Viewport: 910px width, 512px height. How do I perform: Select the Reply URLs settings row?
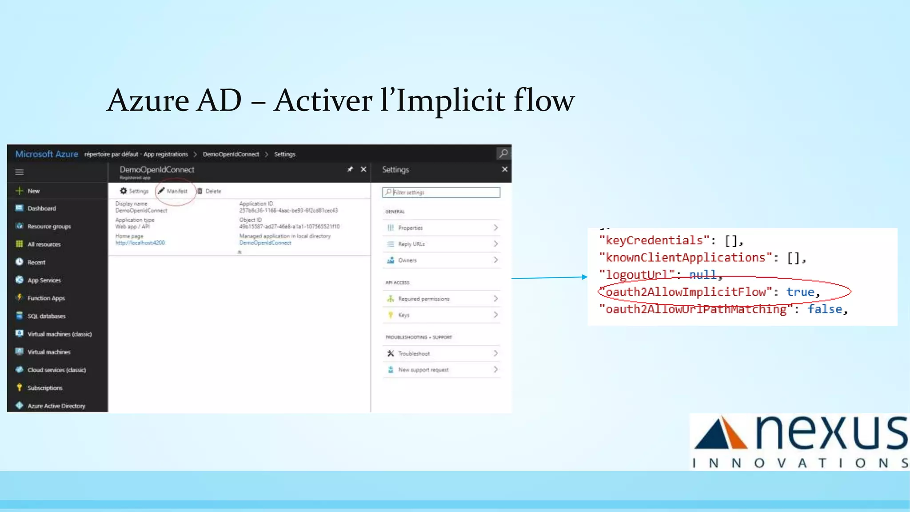pos(441,244)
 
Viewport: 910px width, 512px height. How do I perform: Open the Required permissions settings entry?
pos(441,299)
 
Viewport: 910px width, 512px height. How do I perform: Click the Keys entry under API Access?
pos(441,315)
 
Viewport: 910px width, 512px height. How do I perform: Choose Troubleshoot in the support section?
pos(441,353)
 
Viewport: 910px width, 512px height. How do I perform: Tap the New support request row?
pos(441,370)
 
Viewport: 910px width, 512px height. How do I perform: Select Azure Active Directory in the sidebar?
pos(56,406)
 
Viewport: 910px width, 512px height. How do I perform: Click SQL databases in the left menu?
pos(46,316)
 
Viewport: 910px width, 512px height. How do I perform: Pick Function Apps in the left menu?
pos(46,298)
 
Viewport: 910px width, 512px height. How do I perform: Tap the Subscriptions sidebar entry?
pos(44,388)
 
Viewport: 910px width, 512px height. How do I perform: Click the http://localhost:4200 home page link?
pos(140,243)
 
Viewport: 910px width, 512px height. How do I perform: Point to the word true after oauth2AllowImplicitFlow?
pos(800,292)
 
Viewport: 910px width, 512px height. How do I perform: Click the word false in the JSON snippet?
pos(824,309)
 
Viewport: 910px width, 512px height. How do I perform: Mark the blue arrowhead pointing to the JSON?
pos(584,277)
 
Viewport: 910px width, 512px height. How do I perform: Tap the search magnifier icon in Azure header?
pos(503,154)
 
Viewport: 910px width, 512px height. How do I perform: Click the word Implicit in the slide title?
pos(450,100)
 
